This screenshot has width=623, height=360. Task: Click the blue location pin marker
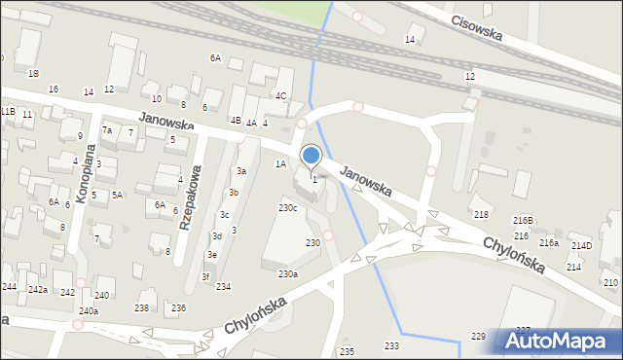coord(311,156)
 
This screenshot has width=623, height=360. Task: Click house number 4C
coord(280,95)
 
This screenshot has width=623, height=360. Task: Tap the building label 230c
coord(288,208)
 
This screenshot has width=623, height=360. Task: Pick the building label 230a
coord(288,274)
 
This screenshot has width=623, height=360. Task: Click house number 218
coord(481,214)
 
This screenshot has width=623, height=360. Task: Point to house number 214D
coord(581,246)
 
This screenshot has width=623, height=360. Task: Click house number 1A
coord(280,163)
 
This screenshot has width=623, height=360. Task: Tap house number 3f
coord(205,277)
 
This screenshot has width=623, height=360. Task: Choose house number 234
coord(223,286)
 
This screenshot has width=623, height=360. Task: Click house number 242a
coord(38,290)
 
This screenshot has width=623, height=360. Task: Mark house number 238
coord(142,307)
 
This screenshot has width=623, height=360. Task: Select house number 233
coord(391,346)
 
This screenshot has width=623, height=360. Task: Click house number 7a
coord(108,130)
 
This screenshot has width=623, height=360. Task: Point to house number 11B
coord(8,113)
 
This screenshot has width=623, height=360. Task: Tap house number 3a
coord(241,171)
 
